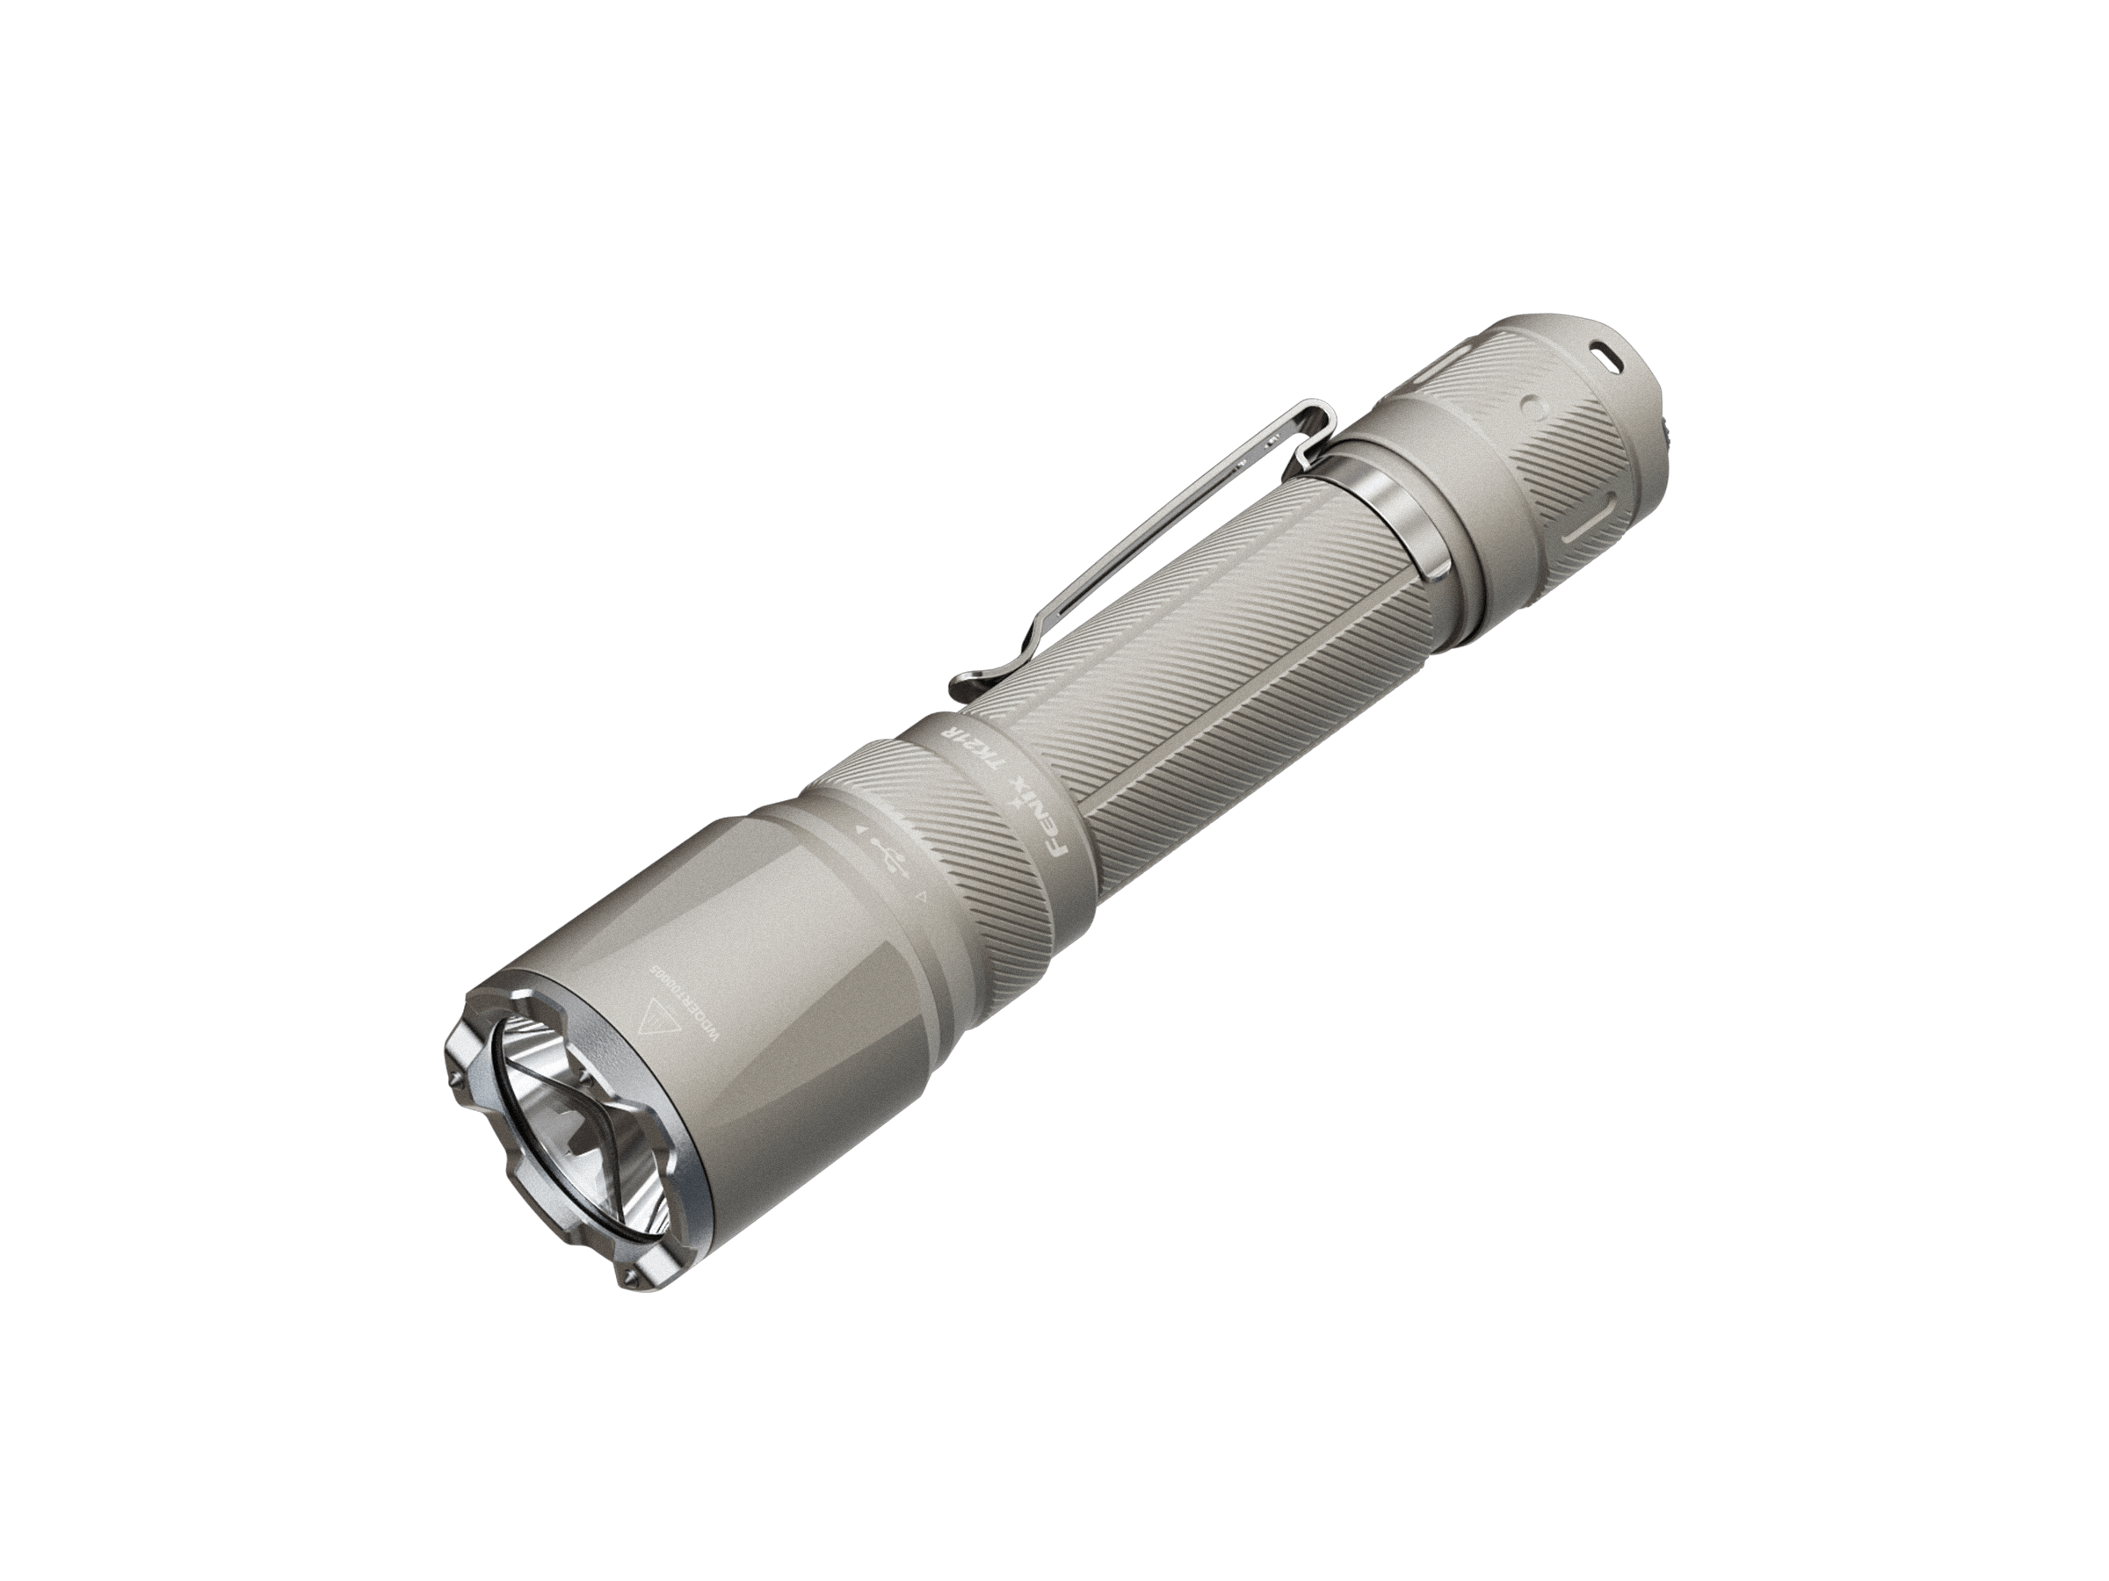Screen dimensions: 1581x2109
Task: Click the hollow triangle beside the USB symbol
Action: (x=921, y=897)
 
